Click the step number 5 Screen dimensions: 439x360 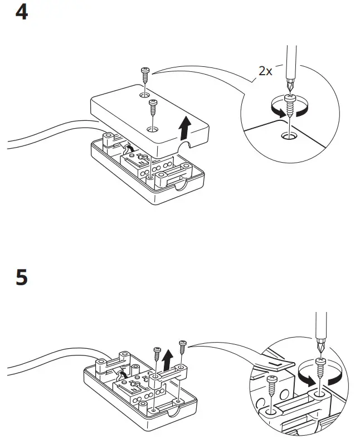click(x=21, y=277)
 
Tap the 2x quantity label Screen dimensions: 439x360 click(x=265, y=71)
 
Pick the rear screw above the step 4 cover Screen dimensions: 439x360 click(x=145, y=73)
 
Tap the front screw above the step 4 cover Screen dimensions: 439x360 click(x=152, y=106)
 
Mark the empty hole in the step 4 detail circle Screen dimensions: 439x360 click(x=289, y=134)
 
